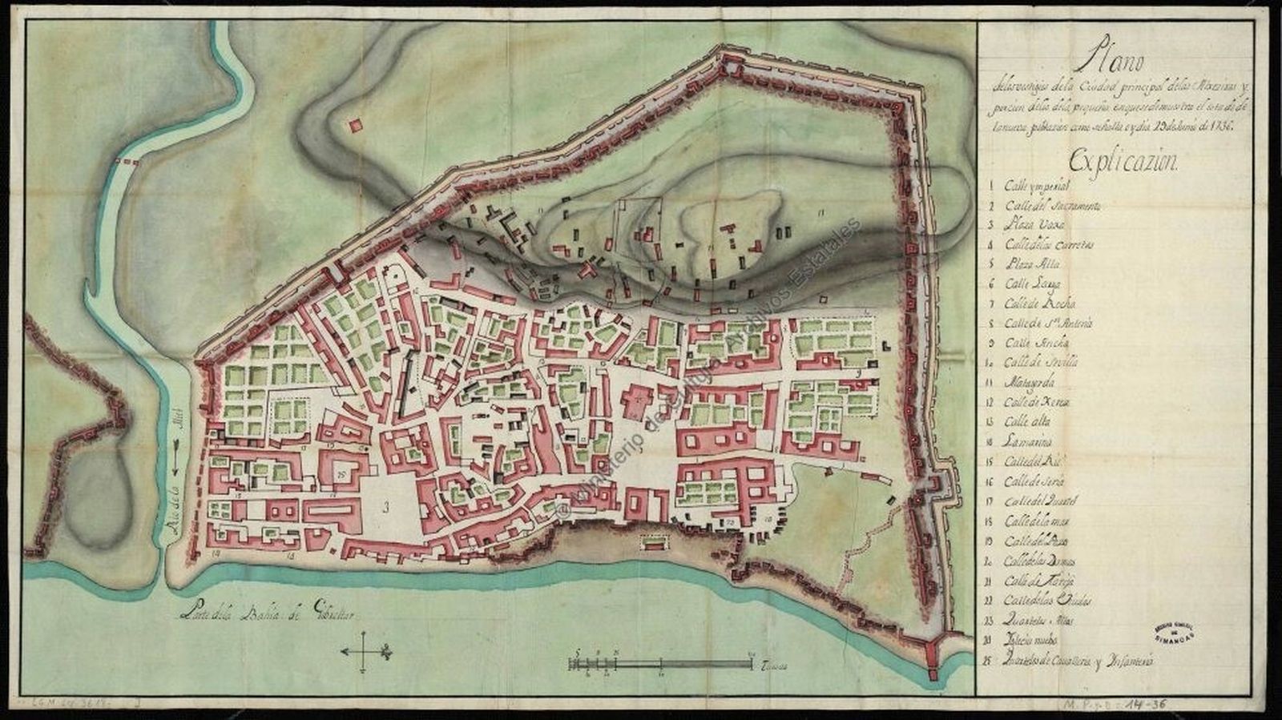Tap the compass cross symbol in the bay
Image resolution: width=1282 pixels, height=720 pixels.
[x=365, y=650]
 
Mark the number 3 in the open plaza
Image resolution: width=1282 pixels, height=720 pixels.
[x=386, y=507]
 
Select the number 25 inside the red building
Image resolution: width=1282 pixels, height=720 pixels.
[x=341, y=474]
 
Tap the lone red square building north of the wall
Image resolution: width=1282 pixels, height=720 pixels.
[x=355, y=125]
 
